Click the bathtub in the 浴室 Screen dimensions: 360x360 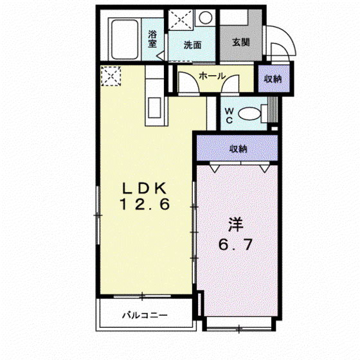125,39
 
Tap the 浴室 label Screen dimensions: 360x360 152,39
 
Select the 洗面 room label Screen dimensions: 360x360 192,45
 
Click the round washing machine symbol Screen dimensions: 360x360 205,18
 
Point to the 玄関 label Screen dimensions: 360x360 241,42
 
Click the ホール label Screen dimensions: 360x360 212,76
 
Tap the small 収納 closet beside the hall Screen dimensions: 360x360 273,78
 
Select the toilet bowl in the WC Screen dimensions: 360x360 249,114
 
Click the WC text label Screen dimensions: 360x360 229,116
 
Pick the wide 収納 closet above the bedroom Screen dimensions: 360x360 237,148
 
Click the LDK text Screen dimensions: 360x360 144,188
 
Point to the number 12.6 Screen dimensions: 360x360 145,204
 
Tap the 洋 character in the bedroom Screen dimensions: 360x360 235,225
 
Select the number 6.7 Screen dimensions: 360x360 235,244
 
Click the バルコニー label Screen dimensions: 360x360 145,315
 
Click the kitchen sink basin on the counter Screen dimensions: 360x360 154,107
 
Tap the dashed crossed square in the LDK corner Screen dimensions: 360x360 111,76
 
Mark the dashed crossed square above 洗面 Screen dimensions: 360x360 181,20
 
